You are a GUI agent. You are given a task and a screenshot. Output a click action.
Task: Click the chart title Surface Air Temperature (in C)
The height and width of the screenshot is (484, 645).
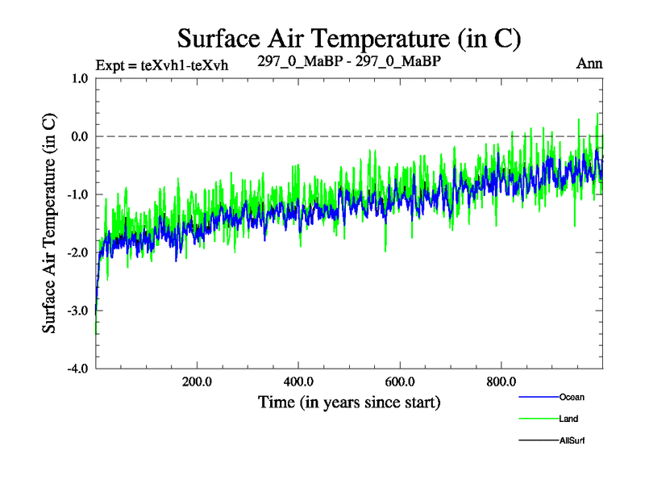tap(349, 38)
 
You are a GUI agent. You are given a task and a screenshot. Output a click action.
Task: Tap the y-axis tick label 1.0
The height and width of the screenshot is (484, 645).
tap(79, 78)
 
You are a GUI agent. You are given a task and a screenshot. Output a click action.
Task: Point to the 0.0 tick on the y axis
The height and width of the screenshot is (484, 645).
tap(79, 136)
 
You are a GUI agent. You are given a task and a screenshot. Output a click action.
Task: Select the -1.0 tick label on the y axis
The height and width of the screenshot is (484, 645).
tap(77, 194)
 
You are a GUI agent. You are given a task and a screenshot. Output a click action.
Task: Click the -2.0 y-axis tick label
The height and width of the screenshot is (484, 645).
tap(77, 252)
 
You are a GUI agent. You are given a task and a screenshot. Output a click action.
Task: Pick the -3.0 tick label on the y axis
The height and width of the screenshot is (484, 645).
tap(77, 311)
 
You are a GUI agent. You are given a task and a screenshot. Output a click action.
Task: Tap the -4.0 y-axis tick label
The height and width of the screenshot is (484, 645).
tap(77, 369)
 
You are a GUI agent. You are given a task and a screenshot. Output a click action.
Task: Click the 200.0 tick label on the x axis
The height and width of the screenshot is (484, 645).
tap(197, 382)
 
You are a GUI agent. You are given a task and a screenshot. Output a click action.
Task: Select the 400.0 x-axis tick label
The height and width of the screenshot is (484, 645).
tap(298, 382)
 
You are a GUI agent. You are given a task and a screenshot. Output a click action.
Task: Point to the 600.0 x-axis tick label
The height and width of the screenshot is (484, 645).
tap(400, 382)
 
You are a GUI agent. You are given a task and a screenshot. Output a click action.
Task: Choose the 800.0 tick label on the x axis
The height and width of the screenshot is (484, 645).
tap(501, 382)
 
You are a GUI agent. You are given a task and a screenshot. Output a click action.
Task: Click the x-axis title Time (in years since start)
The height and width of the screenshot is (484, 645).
tap(349, 401)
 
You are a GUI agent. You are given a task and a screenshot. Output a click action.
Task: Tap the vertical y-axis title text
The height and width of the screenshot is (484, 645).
tap(49, 223)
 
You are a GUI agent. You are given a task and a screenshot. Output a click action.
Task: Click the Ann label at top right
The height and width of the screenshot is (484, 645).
tap(589, 63)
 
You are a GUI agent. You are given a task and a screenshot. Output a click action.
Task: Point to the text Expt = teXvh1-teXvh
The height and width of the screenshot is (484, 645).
tap(161, 65)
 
